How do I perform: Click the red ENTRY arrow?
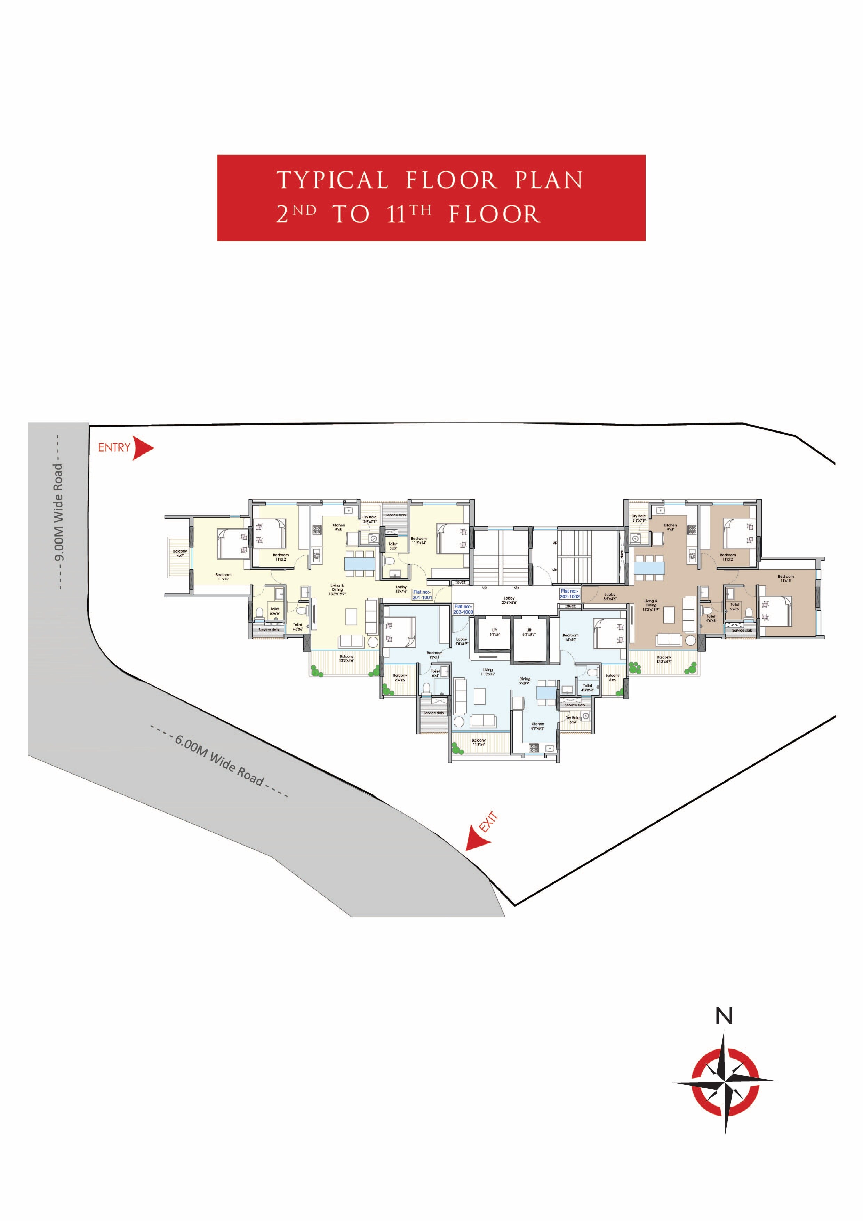pyautogui.click(x=142, y=448)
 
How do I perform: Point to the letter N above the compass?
pyautogui.click(x=724, y=1016)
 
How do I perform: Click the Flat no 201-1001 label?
pyautogui.click(x=422, y=595)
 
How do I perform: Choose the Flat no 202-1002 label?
pyautogui.click(x=569, y=594)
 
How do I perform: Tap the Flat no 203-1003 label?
pyautogui.click(x=463, y=609)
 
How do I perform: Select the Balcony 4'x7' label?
pyautogui.click(x=180, y=553)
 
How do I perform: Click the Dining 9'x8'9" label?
pyautogui.click(x=525, y=681)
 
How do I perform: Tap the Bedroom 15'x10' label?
pyautogui.click(x=570, y=637)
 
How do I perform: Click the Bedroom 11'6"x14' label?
pyautogui.click(x=418, y=541)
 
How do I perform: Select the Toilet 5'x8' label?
pyautogui.click(x=393, y=546)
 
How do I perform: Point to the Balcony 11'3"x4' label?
pyautogui.click(x=479, y=743)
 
